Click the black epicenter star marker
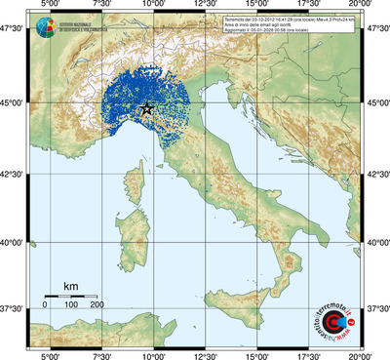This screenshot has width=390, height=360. (x=146, y=109)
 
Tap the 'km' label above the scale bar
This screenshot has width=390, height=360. (x=70, y=285)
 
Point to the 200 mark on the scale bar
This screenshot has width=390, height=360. (x=97, y=305)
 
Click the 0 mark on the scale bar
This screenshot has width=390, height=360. (x=45, y=305)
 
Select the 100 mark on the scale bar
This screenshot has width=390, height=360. (x=71, y=305)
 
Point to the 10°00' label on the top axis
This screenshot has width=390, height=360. (x=152, y=6)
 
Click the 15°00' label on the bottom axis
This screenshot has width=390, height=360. (x=257, y=355)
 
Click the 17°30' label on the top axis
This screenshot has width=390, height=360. (x=309, y=6)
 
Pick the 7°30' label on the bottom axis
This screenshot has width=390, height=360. (x=100, y=355)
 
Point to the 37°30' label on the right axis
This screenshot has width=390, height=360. (x=376, y=308)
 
